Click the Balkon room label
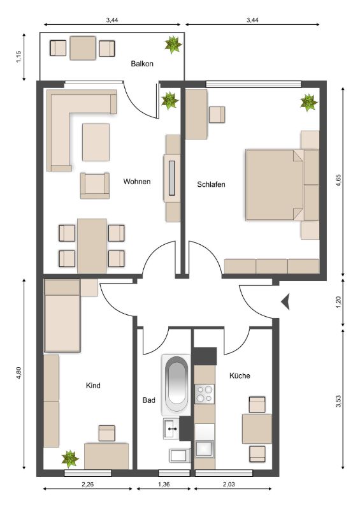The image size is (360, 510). click(x=142, y=63)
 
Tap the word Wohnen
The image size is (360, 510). click(x=137, y=182)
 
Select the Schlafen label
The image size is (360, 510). click(x=211, y=184)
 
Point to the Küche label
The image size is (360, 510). click(x=240, y=375)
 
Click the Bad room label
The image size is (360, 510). click(x=149, y=400)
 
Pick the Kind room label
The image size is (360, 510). click(x=93, y=386)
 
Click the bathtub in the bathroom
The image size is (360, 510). click(x=176, y=385)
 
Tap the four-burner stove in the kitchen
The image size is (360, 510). click(x=205, y=394)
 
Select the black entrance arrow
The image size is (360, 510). click(x=285, y=302)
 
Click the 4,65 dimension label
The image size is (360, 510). click(x=338, y=180)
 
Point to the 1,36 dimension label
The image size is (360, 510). click(x=164, y=484)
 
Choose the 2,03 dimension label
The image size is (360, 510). click(x=229, y=484)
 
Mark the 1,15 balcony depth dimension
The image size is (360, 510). click(x=18, y=57)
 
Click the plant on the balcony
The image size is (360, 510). click(x=173, y=45)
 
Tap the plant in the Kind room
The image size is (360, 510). click(x=70, y=459)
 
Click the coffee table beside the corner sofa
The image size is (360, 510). click(x=96, y=142)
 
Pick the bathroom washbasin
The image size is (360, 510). click(x=171, y=428)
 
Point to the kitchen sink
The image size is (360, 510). click(x=205, y=449)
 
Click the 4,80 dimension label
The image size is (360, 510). click(x=18, y=373)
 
